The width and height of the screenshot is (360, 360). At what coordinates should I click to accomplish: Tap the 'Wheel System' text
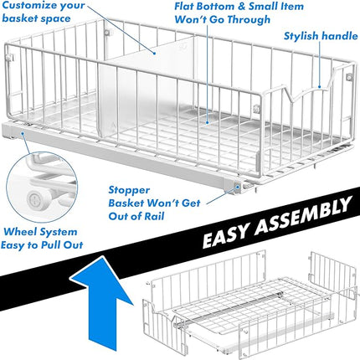tap(40, 231)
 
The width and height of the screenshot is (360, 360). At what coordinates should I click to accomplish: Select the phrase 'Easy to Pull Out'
tap(42, 244)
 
